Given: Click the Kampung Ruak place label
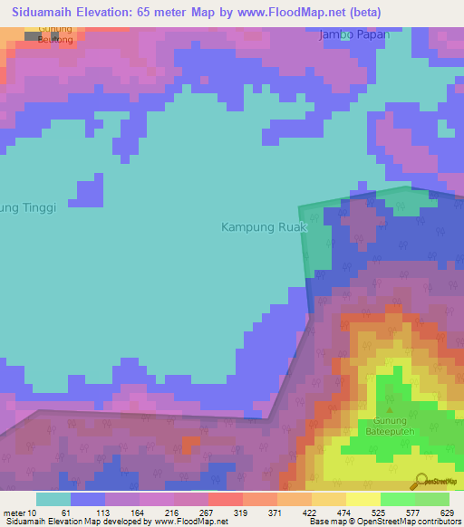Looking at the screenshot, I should pyautogui.click(x=265, y=227).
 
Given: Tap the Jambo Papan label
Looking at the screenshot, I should pyautogui.click(x=353, y=35).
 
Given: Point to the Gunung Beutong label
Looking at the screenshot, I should pyautogui.click(x=55, y=35).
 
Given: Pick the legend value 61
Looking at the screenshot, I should pyautogui.click(x=64, y=512).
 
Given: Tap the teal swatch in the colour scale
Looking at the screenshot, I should pyautogui.click(x=53, y=499).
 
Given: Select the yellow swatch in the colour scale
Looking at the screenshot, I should pyautogui.click(x=362, y=499).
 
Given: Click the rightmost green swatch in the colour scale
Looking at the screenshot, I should pyautogui.click(x=431, y=499).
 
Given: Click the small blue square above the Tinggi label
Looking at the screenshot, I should pyautogui.click(x=90, y=193).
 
